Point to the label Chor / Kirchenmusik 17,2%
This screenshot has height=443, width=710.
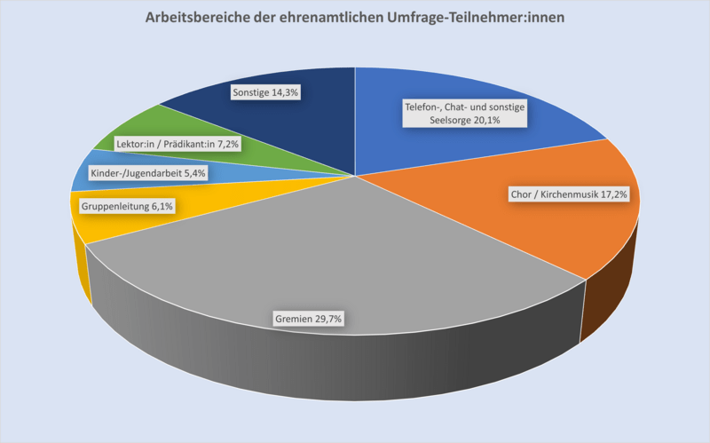[569, 194]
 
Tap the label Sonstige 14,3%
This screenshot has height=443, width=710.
[264, 91]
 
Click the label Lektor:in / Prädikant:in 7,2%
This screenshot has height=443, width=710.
[178, 142]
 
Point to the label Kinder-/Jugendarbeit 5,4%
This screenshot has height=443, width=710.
[149, 173]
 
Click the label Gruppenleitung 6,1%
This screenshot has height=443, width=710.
[127, 206]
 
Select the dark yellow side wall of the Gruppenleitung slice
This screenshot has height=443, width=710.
[83, 271]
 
